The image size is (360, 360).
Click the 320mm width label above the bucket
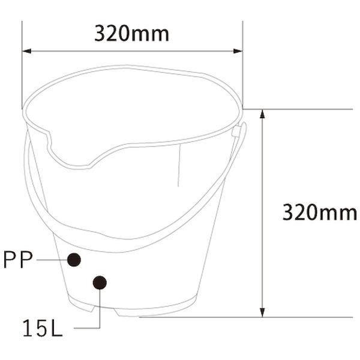tap(132, 34)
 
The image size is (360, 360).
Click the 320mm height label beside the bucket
tap(320, 212)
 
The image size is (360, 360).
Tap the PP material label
tap(18, 260)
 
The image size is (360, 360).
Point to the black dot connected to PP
tap(74, 260)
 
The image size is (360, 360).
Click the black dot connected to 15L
tap(100, 283)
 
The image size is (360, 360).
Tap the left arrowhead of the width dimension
tap(26, 51)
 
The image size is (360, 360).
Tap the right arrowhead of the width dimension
tap(238, 51)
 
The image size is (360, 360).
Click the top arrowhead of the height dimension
tap(262, 114)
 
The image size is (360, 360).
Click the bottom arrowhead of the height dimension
tap(262, 313)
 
